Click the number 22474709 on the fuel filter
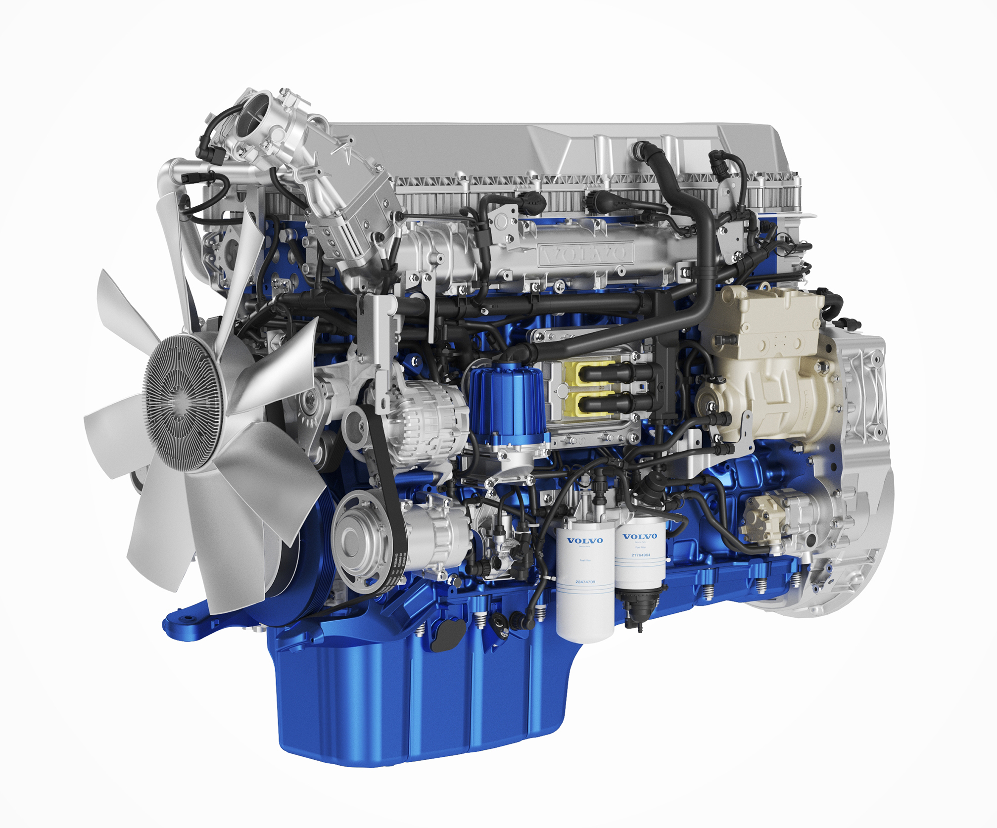pyautogui.click(x=585, y=582)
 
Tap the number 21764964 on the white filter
pyautogui.click(x=641, y=555)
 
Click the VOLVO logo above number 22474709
pyautogui.click(x=585, y=541)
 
